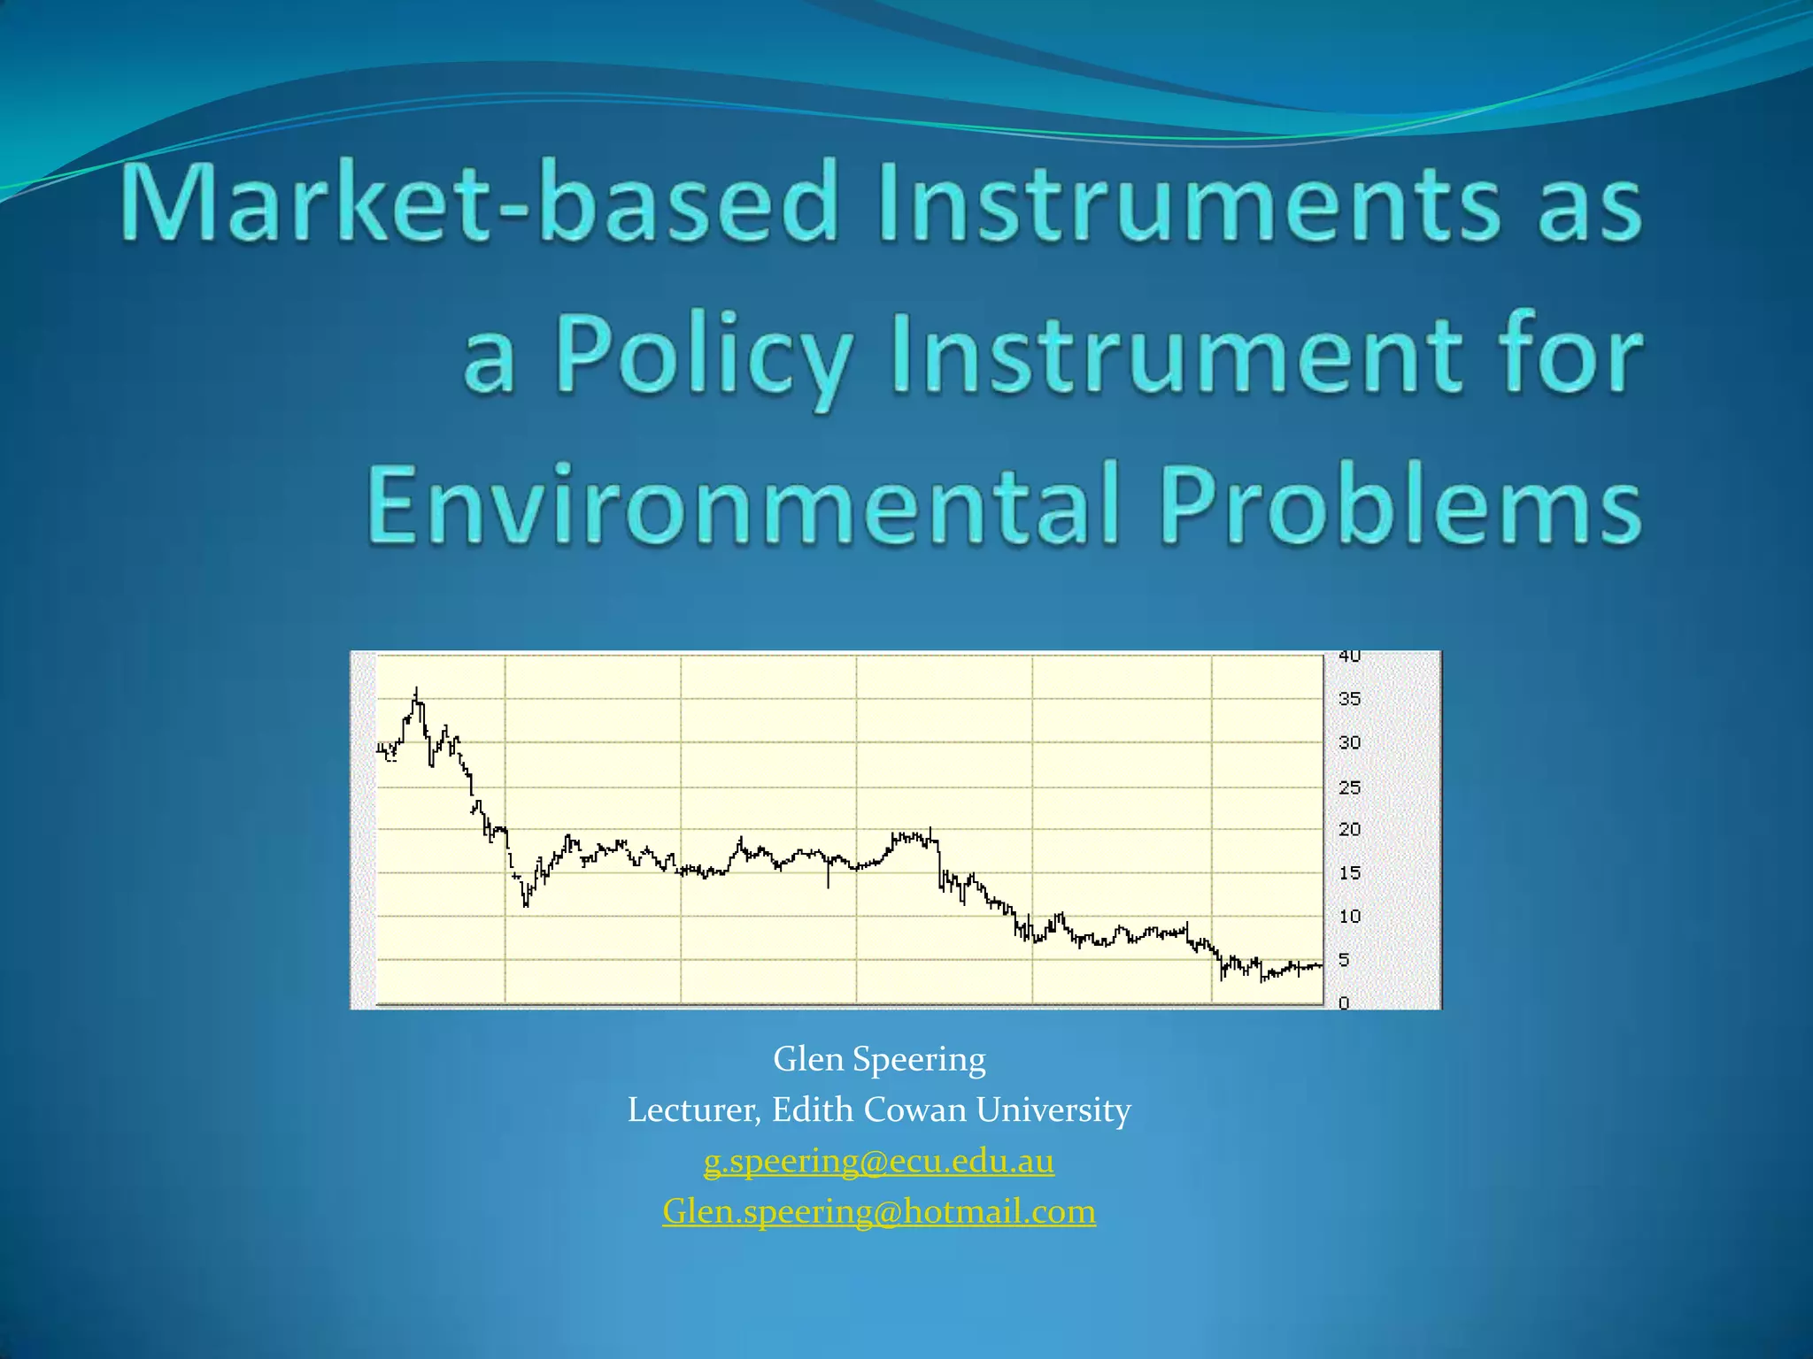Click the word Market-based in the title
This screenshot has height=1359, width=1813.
tap(479, 202)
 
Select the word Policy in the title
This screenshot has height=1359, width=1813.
tap(704, 356)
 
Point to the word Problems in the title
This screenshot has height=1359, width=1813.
tap(1400, 505)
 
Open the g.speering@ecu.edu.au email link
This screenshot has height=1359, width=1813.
tap(879, 1160)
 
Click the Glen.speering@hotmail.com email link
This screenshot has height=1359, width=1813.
tap(879, 1210)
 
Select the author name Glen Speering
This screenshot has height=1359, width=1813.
tap(879, 1058)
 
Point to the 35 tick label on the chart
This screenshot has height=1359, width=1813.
tap(1349, 699)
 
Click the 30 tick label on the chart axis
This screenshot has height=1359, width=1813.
tap(1349, 743)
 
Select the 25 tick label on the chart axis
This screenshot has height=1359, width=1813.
tap(1349, 787)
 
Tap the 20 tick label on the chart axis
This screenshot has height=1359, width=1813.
tap(1349, 830)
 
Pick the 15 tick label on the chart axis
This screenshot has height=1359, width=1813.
tap(1349, 873)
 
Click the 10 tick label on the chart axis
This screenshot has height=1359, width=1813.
tap(1349, 917)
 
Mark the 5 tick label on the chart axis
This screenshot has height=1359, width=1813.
tap(1344, 960)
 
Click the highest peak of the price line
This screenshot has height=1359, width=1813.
tap(416, 690)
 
